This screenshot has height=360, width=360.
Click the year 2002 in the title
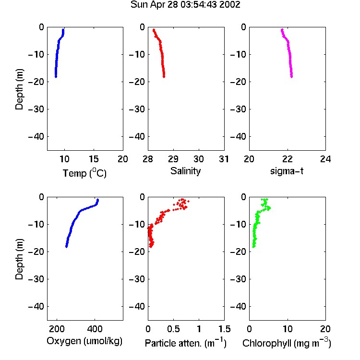point(229,4)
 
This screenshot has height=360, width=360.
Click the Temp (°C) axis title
point(84,173)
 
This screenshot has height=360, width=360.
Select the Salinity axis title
point(185,171)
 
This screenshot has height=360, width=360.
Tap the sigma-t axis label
point(287,171)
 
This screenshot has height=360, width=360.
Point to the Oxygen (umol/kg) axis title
point(84,341)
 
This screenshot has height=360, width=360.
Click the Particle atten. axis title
point(186,343)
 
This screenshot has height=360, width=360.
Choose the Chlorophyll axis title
point(287,343)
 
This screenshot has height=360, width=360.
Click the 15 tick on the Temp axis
point(94,159)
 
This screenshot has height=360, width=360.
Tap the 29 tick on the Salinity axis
point(173,159)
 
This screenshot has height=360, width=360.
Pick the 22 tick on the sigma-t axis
point(287,159)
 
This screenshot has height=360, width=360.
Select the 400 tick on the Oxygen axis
point(95,329)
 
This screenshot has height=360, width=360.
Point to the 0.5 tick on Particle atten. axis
point(173,329)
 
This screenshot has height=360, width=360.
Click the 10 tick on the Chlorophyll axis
point(287,329)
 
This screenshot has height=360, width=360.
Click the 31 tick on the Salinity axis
point(224,159)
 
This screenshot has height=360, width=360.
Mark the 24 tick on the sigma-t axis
point(325,159)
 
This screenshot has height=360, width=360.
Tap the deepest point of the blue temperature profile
point(56,76)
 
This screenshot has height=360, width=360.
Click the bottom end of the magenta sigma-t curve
point(291,77)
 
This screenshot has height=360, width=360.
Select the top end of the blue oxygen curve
point(98,200)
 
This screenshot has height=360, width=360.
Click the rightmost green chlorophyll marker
point(270,208)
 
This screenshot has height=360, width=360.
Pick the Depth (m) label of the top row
point(19,89)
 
